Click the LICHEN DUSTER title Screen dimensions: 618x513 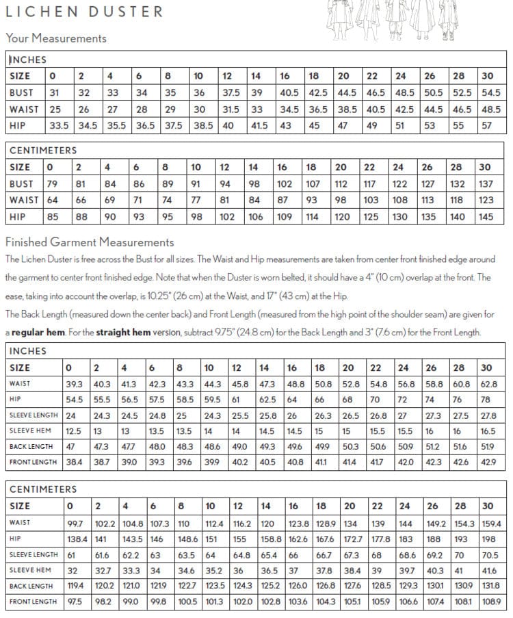[85, 12]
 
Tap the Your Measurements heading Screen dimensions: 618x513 [56, 38]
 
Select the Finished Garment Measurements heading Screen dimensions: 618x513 [90, 242]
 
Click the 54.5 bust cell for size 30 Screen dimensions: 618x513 [490, 92]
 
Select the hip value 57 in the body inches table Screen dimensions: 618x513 [487, 126]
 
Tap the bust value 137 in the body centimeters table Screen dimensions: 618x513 [486, 183]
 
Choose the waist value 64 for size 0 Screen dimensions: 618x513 [53, 201]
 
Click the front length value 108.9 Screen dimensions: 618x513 [490, 602]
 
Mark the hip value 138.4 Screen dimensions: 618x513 [77, 539]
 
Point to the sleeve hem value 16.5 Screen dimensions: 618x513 [488, 431]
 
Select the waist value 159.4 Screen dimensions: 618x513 [491, 523]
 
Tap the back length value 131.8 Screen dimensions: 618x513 [490, 586]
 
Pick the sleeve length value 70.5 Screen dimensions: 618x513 [490, 554]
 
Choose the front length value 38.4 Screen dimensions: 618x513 [73, 463]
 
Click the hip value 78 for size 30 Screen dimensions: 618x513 [486, 400]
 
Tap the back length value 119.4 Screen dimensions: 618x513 [75, 586]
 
